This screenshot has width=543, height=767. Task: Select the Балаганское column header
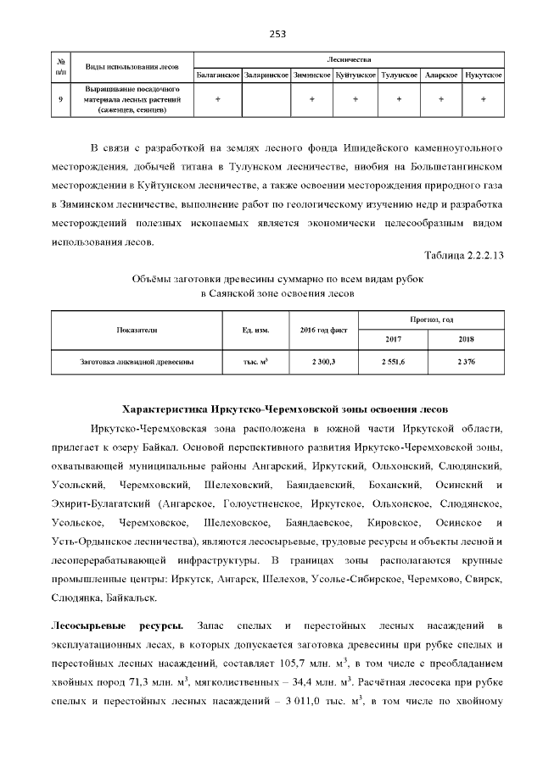218,75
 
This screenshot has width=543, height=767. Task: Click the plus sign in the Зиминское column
311,99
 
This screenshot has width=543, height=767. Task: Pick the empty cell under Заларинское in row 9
266,99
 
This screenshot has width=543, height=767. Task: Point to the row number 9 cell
60,99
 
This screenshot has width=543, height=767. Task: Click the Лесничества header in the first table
349,59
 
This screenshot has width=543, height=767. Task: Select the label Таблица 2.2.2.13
464,255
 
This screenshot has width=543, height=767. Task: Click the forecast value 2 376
465,361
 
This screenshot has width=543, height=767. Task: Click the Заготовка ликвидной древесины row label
137,361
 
